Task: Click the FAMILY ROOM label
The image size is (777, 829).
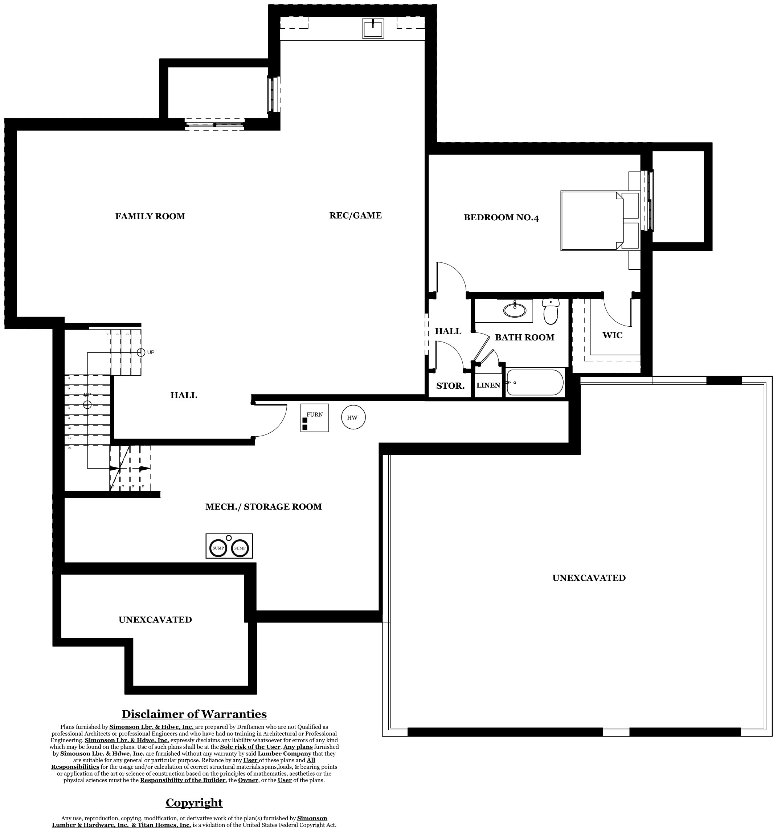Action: pyautogui.click(x=150, y=216)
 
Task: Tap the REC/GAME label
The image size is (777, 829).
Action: pyautogui.click(x=355, y=215)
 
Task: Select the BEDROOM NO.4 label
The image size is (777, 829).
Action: pyautogui.click(x=501, y=217)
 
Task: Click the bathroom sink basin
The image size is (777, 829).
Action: pyautogui.click(x=515, y=310)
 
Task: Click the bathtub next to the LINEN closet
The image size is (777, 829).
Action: pyautogui.click(x=535, y=383)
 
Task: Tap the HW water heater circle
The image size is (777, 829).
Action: pyautogui.click(x=353, y=417)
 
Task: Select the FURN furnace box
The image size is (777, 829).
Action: pyautogui.click(x=315, y=418)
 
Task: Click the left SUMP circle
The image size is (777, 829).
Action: pyautogui.click(x=218, y=548)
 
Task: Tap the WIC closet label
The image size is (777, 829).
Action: pyautogui.click(x=612, y=335)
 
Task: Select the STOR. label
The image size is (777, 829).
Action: pyautogui.click(x=450, y=386)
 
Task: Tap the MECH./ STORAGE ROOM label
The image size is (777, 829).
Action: pyautogui.click(x=263, y=507)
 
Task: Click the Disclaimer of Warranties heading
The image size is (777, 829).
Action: pyautogui.click(x=194, y=714)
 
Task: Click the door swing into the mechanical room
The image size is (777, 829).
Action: pyautogui.click(x=271, y=419)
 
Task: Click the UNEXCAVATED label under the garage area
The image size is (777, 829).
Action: pyautogui.click(x=589, y=578)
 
